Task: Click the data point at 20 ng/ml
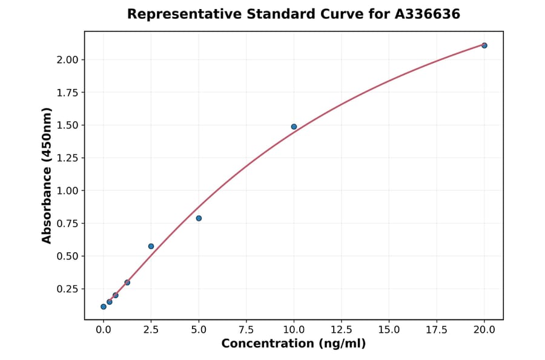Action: coord(484,45)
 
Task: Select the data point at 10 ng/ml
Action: coord(294,127)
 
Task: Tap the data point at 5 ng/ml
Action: coord(199,218)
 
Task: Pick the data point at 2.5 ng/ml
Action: coord(151,246)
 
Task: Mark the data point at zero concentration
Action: coord(104,307)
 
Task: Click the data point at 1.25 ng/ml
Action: coord(127,282)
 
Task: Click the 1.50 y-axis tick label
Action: coord(67,125)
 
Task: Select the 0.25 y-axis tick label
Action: coord(67,288)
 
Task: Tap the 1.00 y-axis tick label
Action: coord(67,190)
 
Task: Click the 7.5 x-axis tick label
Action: coord(246,330)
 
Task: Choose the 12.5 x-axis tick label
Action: coord(341,330)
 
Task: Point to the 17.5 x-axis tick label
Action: coord(436,330)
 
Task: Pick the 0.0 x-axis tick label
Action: coord(104,330)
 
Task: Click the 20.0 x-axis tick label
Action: coord(484,330)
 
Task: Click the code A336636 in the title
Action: coord(428,14)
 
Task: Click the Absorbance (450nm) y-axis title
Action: coord(47,176)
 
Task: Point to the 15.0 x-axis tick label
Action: coord(389,330)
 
